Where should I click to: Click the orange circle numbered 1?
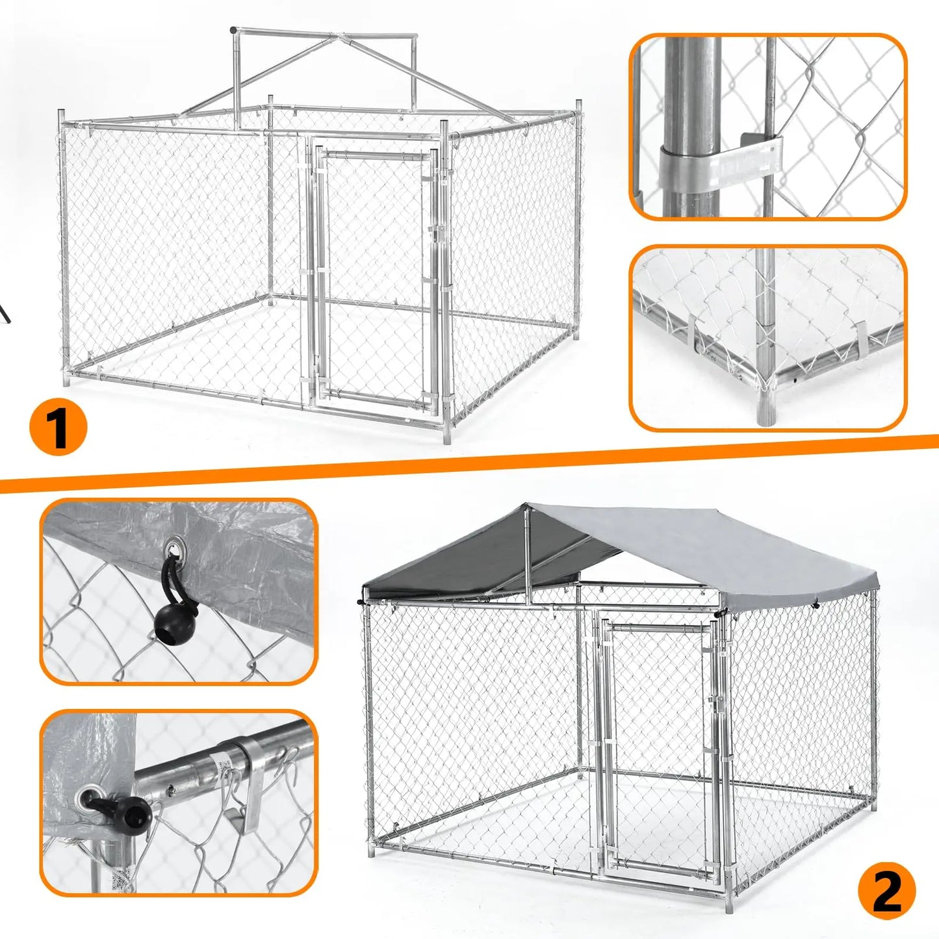pyautogui.click(x=58, y=428)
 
